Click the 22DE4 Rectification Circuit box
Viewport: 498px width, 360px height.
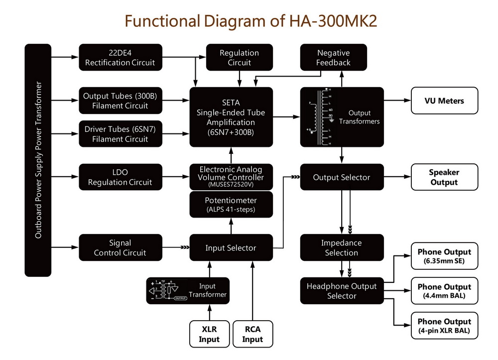coord(121,58)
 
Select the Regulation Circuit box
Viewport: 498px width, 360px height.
coord(239,58)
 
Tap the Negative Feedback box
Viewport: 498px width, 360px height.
coord(333,58)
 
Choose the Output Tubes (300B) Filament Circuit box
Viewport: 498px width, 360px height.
coord(121,101)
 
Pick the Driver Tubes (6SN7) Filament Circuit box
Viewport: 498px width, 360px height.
coord(121,134)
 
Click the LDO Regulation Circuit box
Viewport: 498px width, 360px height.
coord(121,177)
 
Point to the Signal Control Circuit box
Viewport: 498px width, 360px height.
coord(121,248)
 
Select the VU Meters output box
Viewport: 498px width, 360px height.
coord(444,101)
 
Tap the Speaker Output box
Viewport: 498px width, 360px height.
coord(444,177)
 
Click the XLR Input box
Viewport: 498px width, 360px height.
coord(209,334)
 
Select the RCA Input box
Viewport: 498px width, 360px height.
coord(252,334)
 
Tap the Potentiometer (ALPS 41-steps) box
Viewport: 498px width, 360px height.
coord(231,204)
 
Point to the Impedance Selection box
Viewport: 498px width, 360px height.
coord(341,248)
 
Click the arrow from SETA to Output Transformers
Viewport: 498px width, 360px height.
coord(286,117)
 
